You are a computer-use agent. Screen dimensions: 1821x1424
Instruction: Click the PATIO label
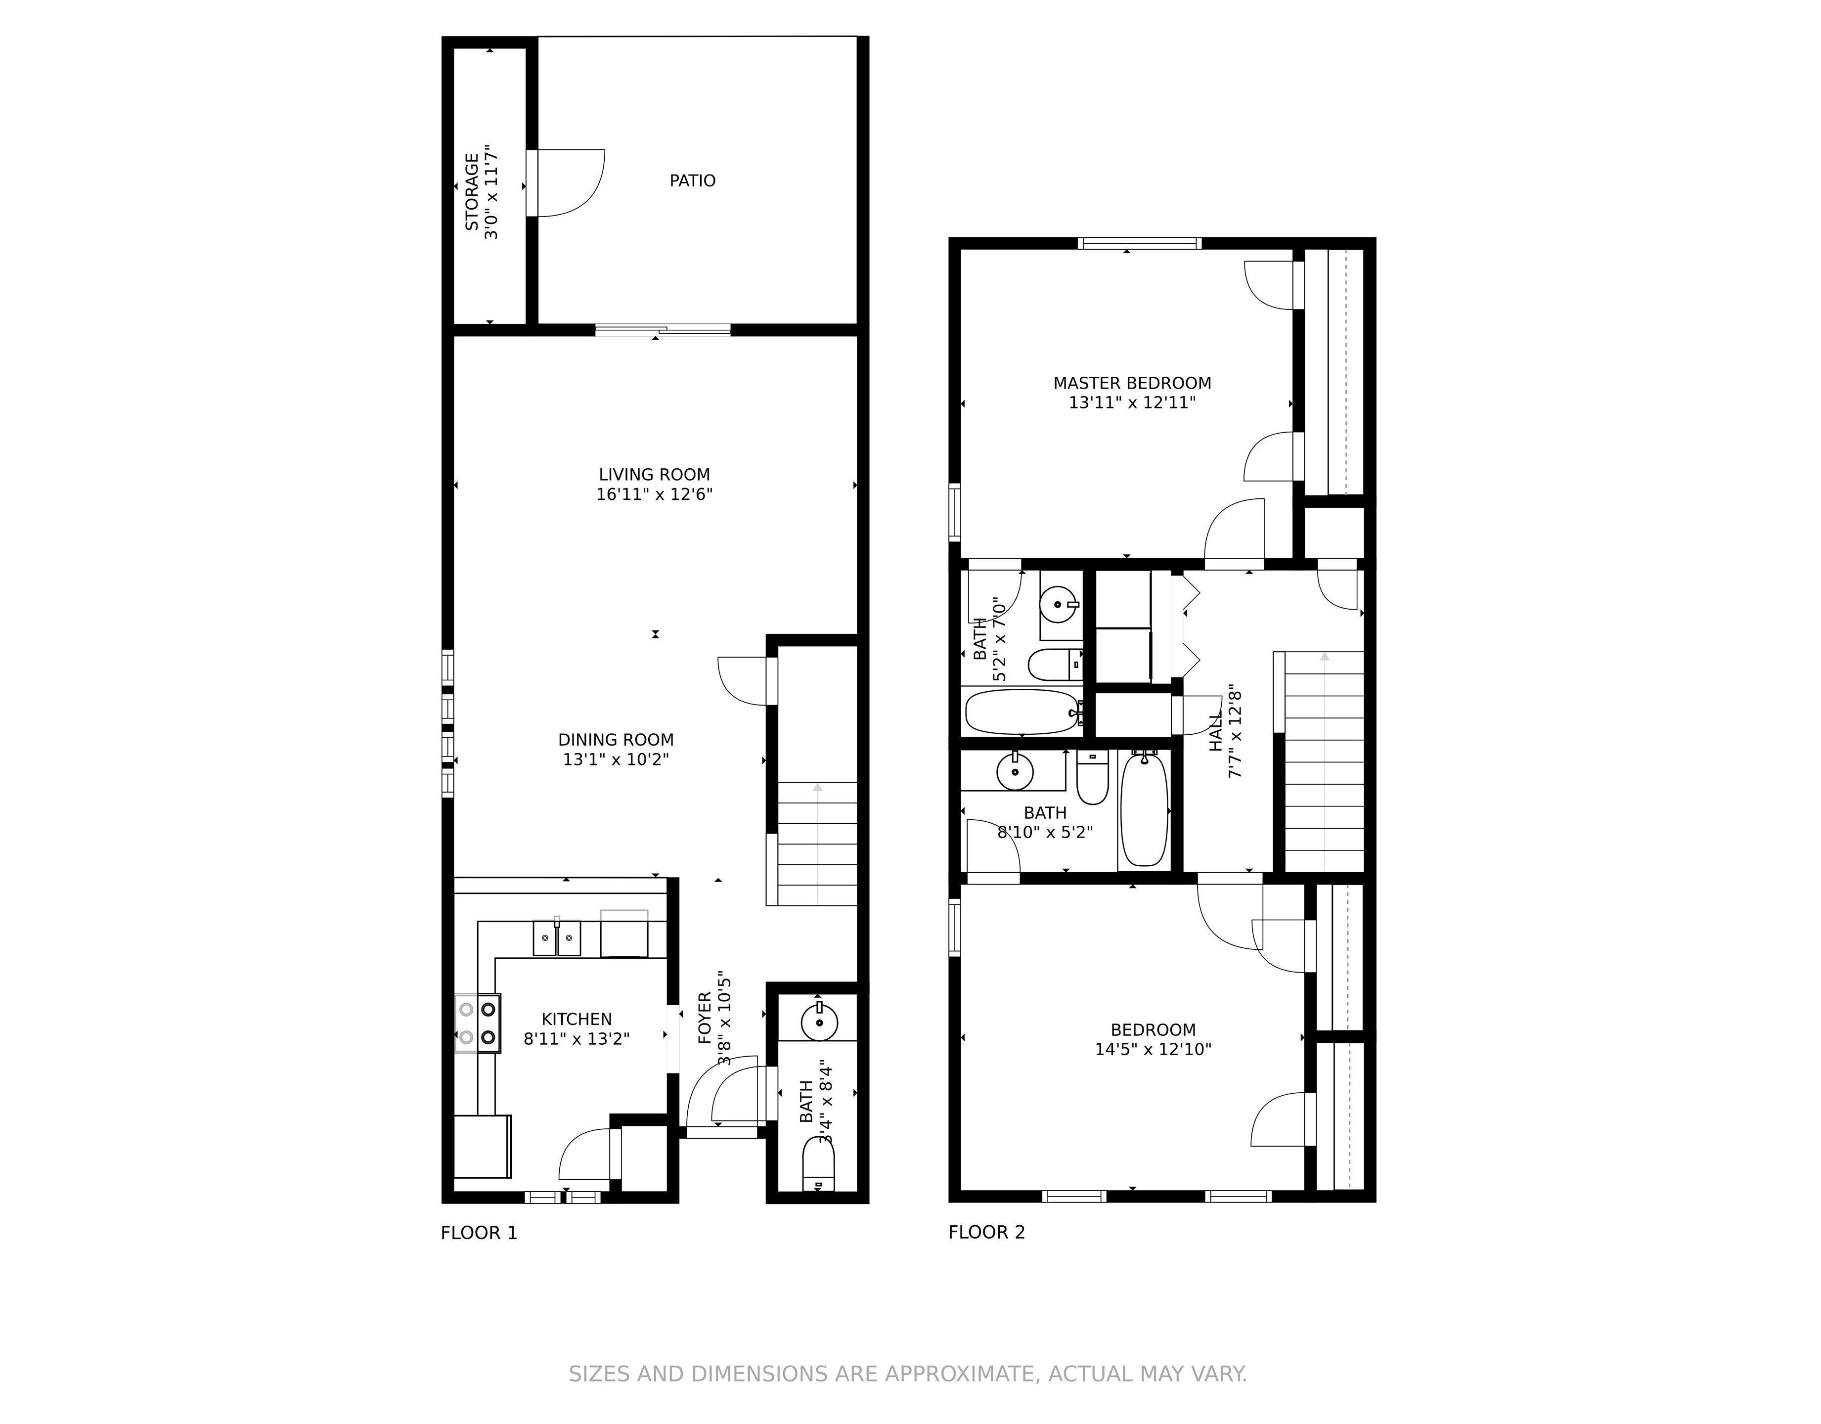tap(692, 181)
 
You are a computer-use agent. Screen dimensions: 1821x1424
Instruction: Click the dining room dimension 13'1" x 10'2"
tap(616, 759)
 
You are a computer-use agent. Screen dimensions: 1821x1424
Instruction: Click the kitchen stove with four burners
tap(477, 1023)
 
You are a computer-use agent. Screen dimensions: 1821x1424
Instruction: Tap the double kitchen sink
tap(557, 938)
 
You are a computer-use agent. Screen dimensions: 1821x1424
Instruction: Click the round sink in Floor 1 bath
tap(819, 1022)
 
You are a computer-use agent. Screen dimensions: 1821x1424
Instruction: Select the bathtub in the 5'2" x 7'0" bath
tap(1022, 711)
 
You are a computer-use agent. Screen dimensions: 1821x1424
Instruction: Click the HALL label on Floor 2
tap(1216, 731)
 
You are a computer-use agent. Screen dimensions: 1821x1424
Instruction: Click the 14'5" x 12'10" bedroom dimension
tap(1153, 1050)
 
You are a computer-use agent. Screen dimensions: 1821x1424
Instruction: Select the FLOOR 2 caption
tap(986, 1232)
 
